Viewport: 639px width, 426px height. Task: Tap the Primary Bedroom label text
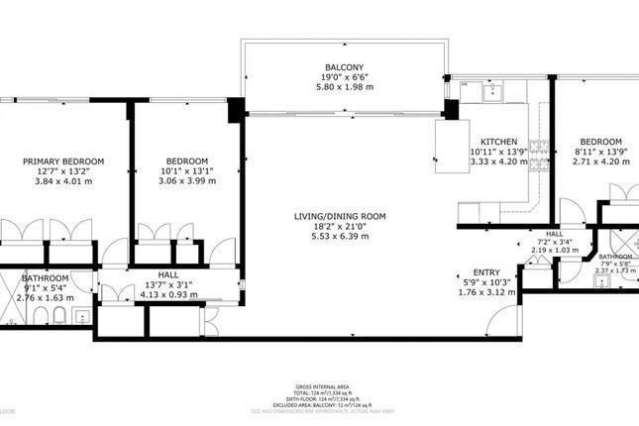63,161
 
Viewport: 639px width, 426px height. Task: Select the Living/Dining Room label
339,216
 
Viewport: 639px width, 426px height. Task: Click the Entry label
485,271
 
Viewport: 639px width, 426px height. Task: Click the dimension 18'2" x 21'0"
339,227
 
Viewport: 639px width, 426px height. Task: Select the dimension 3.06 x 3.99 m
186,181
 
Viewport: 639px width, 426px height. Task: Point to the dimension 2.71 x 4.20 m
600,161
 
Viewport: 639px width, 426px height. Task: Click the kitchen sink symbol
491,92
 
